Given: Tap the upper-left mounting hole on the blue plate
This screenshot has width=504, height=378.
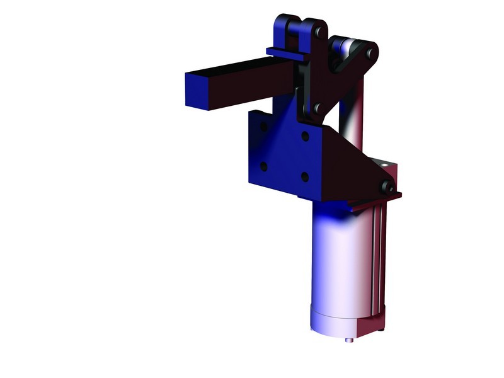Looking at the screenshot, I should [263, 127].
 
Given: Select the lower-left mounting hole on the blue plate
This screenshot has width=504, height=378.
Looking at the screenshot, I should [263, 166].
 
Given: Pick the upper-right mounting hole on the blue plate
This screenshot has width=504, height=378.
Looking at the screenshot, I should [305, 136].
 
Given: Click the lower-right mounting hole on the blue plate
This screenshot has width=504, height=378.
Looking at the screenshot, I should [305, 177].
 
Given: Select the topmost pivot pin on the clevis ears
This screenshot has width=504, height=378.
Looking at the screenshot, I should [321, 30].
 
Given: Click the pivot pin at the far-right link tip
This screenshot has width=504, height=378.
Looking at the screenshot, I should [372, 51].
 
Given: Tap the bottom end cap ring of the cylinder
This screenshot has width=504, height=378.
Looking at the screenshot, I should [334, 321].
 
